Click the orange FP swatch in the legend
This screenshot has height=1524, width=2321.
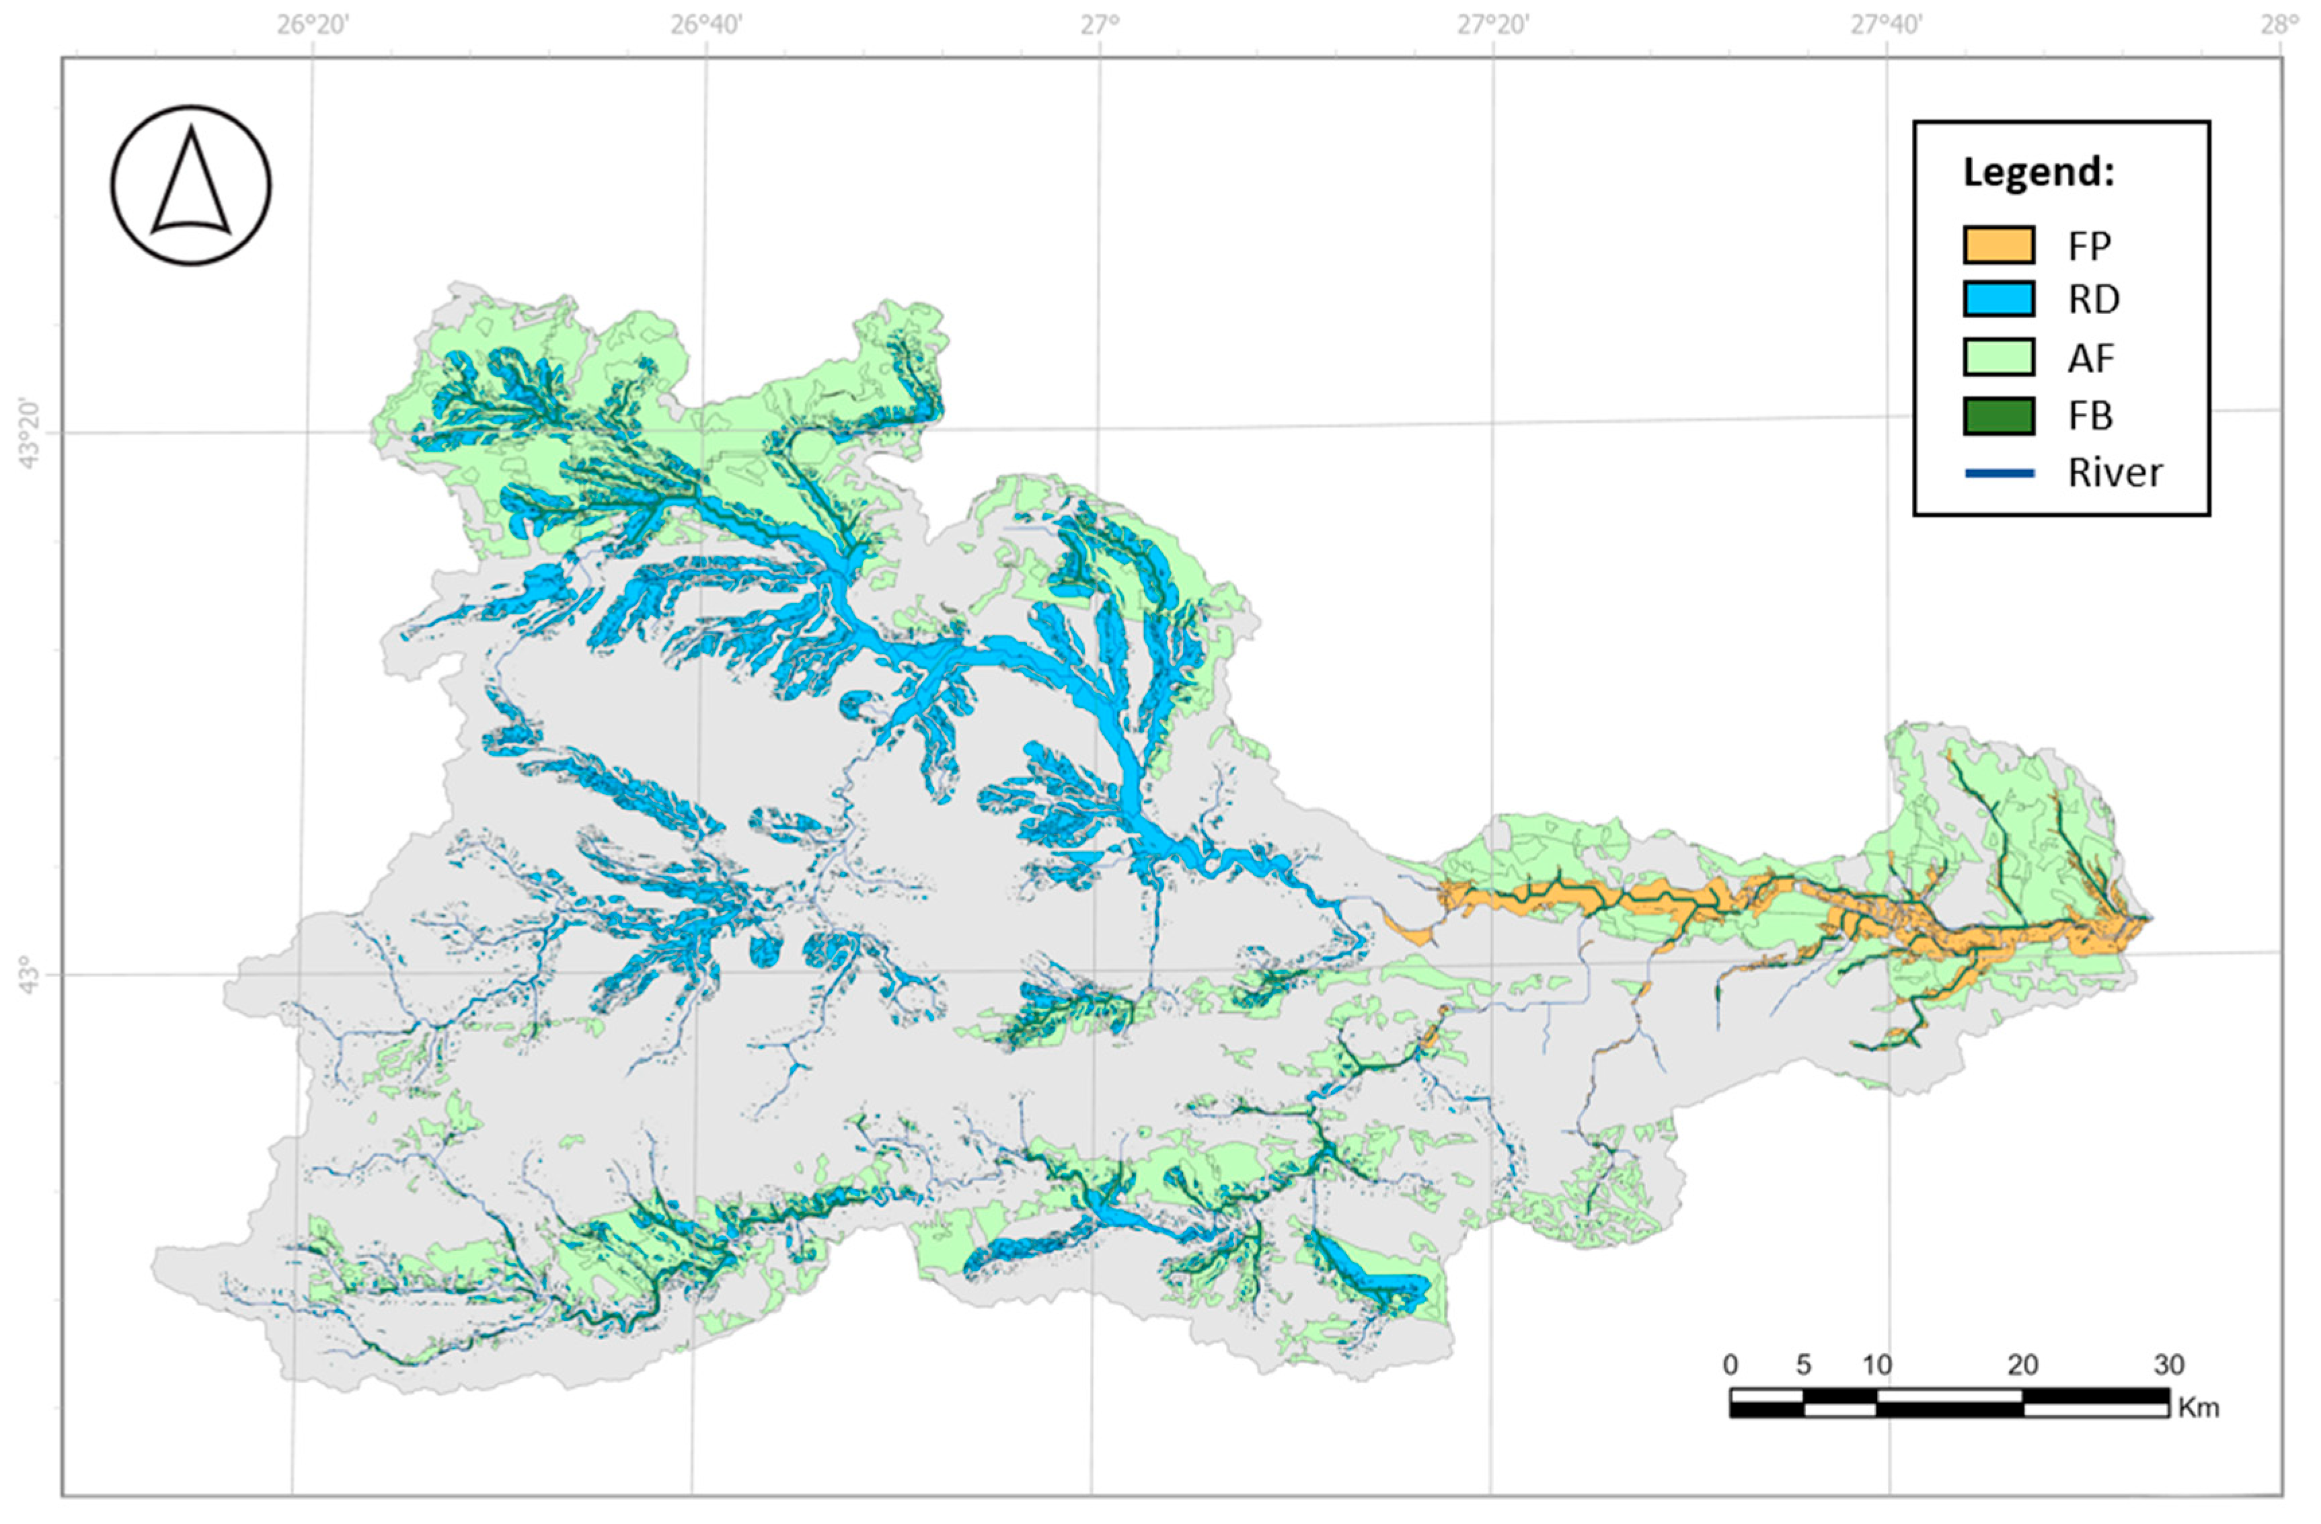click(x=1998, y=245)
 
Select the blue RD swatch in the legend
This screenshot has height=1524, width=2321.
click(x=1998, y=298)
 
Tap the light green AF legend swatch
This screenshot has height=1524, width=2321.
click(x=1998, y=357)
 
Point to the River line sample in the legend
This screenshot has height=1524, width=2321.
click(x=1998, y=473)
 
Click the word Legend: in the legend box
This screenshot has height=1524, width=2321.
click(x=2037, y=173)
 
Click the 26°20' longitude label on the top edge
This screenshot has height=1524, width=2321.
click(x=312, y=24)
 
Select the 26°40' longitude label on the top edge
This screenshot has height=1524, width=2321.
click(x=706, y=24)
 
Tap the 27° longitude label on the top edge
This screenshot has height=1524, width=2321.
click(x=1100, y=24)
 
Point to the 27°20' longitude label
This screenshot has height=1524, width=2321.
click(x=1493, y=24)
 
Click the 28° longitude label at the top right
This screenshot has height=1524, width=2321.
click(x=2280, y=24)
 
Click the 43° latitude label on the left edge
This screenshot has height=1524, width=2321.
click(x=30, y=976)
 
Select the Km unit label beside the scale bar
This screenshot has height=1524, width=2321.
click(x=2198, y=1408)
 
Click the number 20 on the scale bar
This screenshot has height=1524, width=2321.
click(x=2022, y=1364)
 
